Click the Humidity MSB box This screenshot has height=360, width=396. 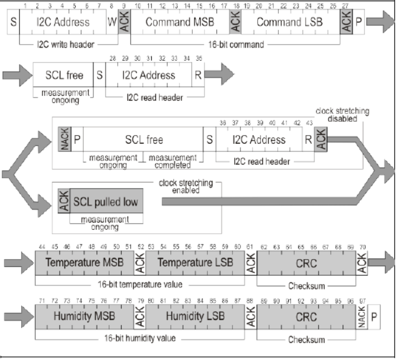click(x=84, y=316)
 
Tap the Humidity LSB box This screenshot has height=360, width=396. click(x=195, y=316)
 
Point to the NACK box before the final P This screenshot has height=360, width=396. click(x=361, y=316)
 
